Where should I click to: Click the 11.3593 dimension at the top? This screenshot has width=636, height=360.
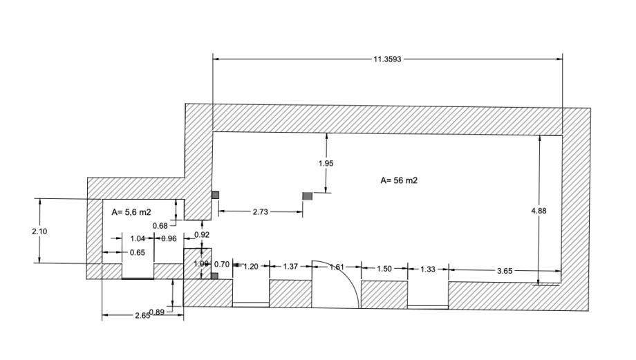pyautogui.click(x=387, y=59)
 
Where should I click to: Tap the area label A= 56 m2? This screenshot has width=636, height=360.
pyautogui.click(x=399, y=181)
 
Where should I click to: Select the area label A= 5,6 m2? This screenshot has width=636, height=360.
pyautogui.click(x=131, y=213)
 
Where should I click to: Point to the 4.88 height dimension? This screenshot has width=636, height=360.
pyautogui.click(x=539, y=211)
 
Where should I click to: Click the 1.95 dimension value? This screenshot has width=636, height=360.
pyautogui.click(x=326, y=164)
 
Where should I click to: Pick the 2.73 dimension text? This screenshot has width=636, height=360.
pyautogui.click(x=260, y=212)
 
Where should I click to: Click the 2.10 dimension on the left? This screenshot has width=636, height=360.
pyautogui.click(x=39, y=231)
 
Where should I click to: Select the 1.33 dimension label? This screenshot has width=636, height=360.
pyautogui.click(x=428, y=269)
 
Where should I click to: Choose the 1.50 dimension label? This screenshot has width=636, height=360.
pyautogui.click(x=384, y=268)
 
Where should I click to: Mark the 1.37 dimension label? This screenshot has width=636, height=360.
pyautogui.click(x=290, y=267)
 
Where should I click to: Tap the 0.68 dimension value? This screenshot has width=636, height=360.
pyautogui.click(x=160, y=226)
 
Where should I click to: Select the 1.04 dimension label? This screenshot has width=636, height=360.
pyautogui.click(x=138, y=238)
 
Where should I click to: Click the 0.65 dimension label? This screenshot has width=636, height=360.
pyautogui.click(x=138, y=253)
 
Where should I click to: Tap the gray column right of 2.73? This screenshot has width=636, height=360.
pyautogui.click(x=308, y=196)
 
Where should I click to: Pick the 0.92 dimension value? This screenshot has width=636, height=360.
pyautogui.click(x=202, y=236)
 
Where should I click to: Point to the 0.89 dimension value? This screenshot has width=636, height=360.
pyautogui.click(x=157, y=313)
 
